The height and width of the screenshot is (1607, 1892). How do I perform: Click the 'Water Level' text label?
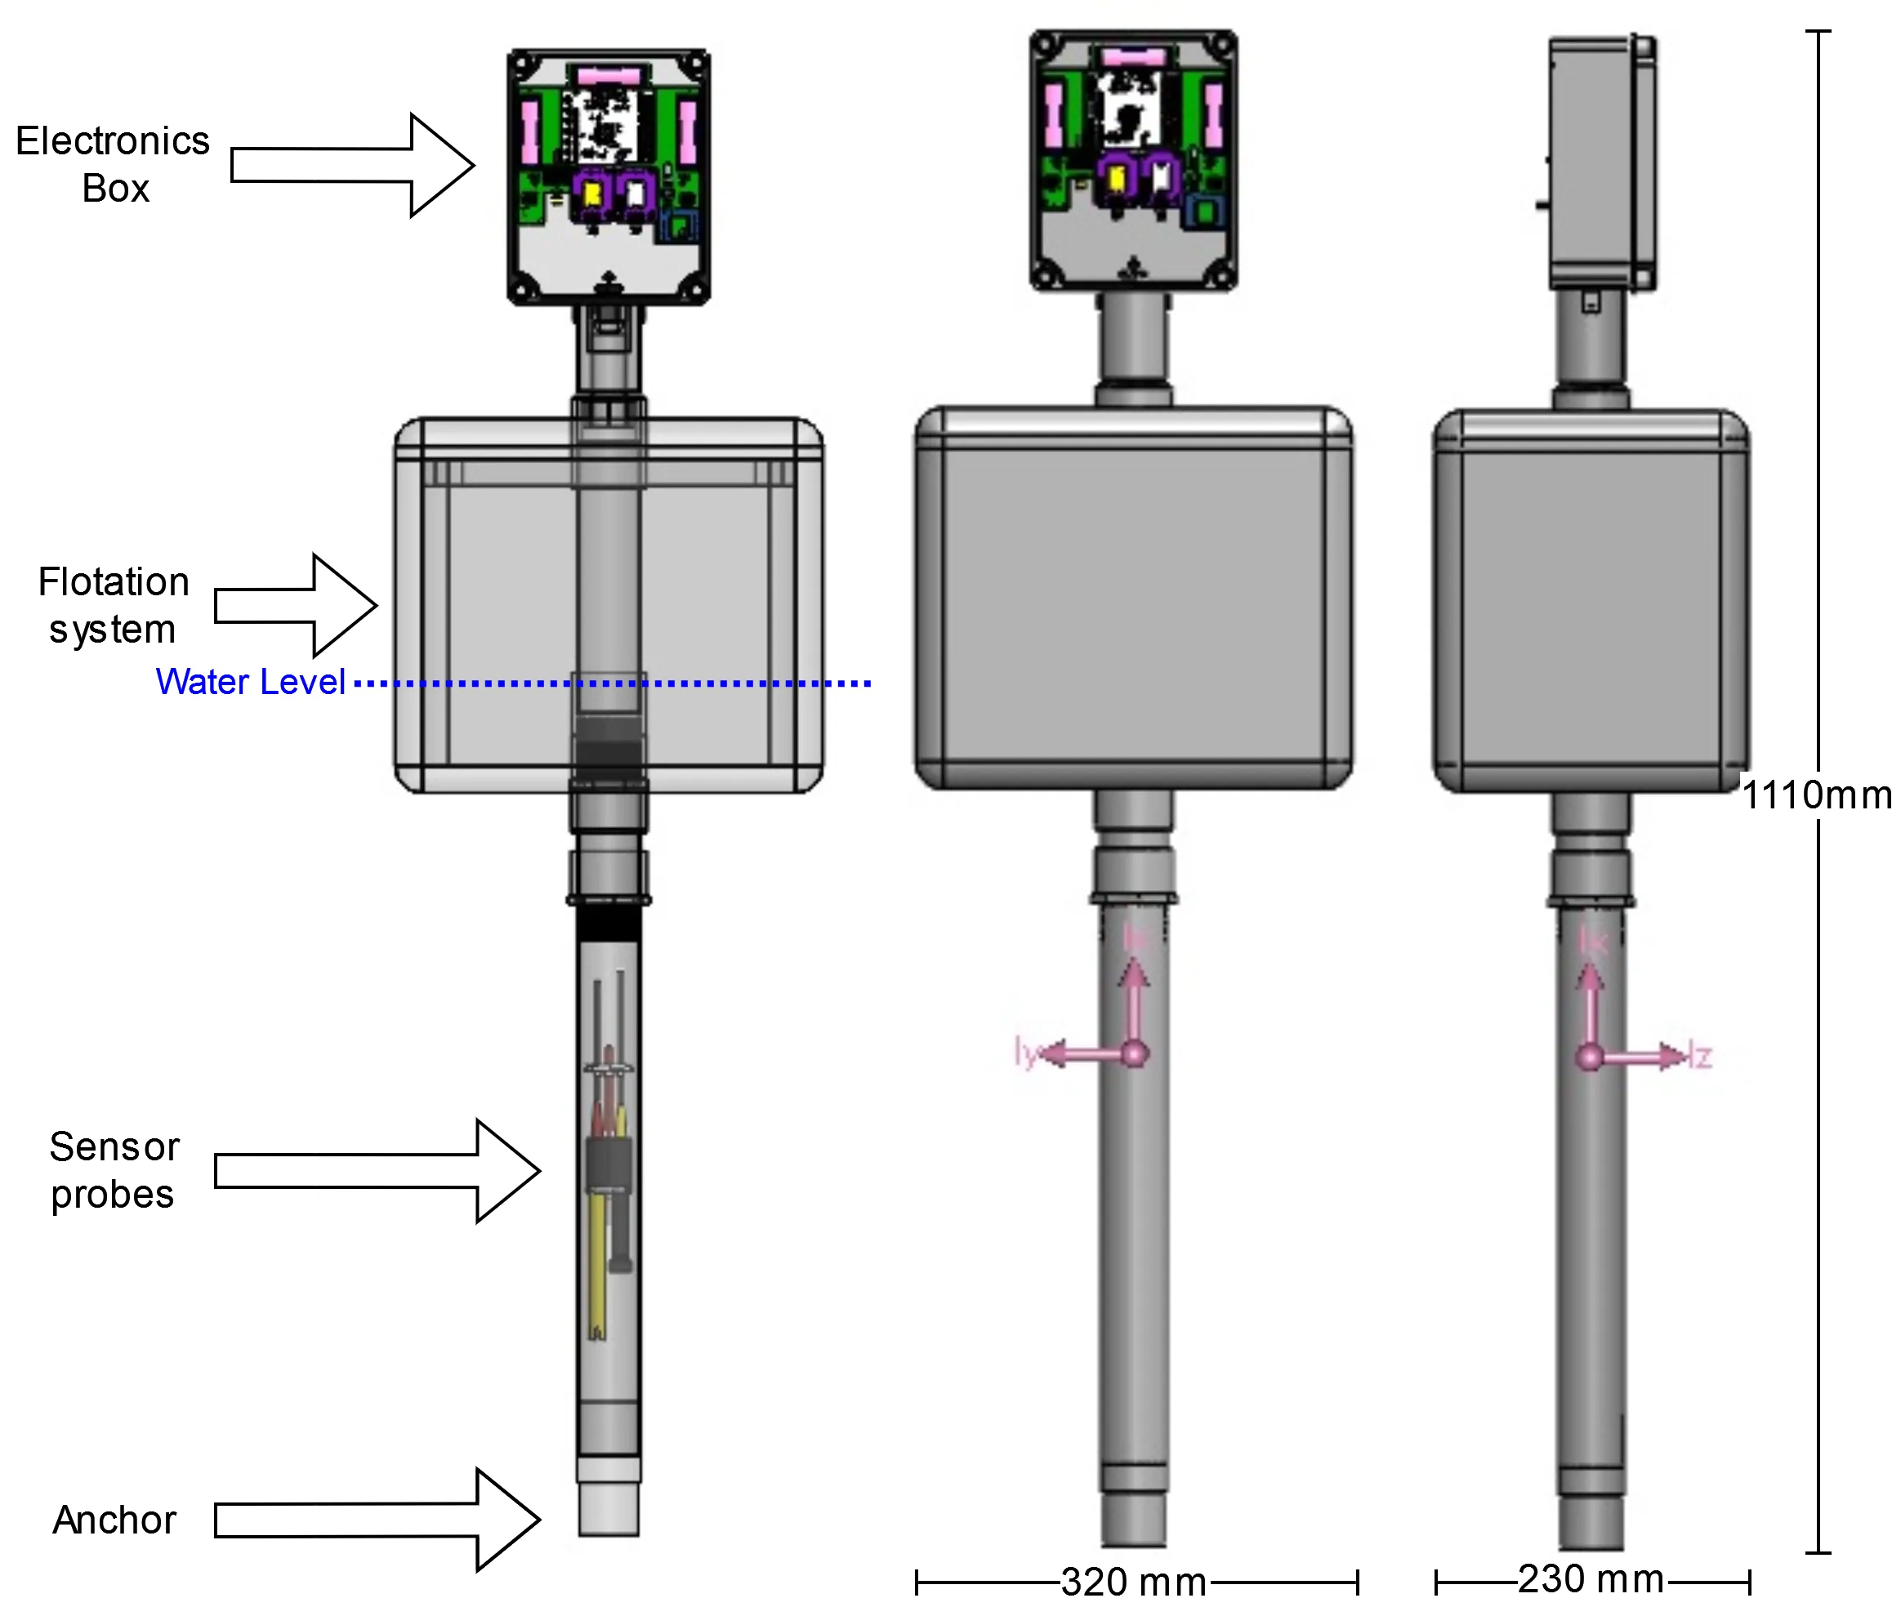[x=250, y=683]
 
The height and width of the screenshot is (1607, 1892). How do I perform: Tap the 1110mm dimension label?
[x=1815, y=795]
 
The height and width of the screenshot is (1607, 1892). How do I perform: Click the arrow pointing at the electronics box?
[x=401, y=166]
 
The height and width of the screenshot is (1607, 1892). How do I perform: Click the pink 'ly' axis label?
[x=1025, y=1053]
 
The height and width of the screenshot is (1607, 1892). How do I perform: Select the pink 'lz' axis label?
[x=1701, y=1057]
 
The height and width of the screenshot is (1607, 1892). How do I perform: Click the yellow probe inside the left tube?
[x=597, y=1275]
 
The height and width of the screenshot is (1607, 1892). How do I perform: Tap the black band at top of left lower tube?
[x=609, y=928]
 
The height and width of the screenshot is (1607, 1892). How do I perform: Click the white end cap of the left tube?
[x=609, y=1510]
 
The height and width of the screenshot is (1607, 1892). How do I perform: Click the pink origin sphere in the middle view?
[x=1135, y=1054]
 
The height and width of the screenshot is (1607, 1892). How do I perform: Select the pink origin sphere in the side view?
[x=1591, y=1057]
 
